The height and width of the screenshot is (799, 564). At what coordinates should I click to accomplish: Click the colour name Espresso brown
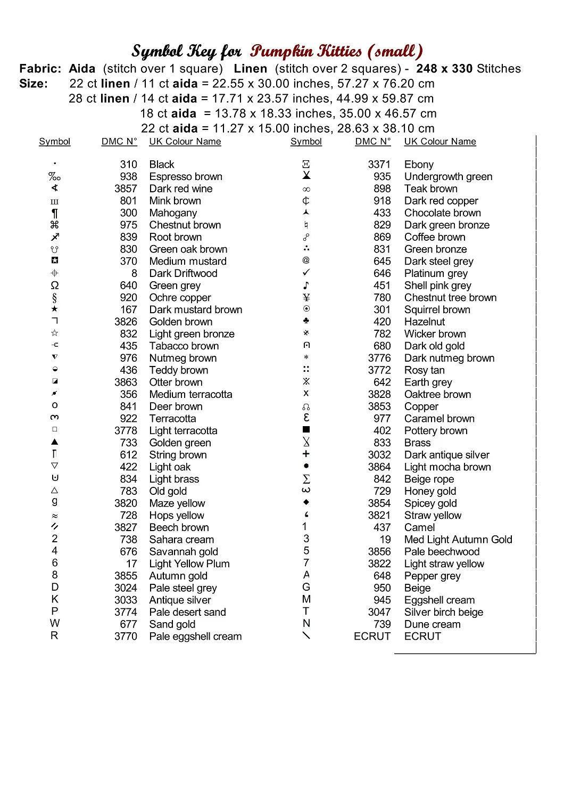pos(186,177)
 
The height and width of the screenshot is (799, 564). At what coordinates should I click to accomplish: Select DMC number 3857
pos(126,189)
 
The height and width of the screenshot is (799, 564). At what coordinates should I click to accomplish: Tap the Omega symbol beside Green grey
pos(55,286)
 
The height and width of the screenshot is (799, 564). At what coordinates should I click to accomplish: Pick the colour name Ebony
pos(419,165)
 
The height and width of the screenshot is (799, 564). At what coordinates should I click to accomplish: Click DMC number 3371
pos(379,165)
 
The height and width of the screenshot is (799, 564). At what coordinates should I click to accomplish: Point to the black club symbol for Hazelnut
pos(306,321)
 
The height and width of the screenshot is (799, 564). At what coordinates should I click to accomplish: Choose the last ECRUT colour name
pos(422,637)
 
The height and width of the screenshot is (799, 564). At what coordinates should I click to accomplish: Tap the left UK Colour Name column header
pos(185,142)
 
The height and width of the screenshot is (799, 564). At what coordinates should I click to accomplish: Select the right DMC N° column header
pos(373,142)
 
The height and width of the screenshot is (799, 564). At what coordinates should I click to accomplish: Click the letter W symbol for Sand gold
pos(55,624)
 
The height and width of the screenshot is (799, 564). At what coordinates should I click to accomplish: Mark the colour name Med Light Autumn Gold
pos(458,540)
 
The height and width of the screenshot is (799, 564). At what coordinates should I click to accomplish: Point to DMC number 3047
pos(379,612)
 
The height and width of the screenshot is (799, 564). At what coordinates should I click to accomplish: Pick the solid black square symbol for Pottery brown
pos(306,429)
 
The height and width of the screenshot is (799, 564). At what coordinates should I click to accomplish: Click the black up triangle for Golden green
pos(55,442)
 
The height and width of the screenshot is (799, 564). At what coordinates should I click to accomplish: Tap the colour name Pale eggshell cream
pos(195,637)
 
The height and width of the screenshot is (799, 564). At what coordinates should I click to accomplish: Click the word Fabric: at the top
pos(40,69)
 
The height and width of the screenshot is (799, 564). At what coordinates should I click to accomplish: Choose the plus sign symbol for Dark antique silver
pos(306,454)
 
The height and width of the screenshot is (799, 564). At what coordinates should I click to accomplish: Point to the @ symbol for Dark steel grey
pos(306,260)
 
